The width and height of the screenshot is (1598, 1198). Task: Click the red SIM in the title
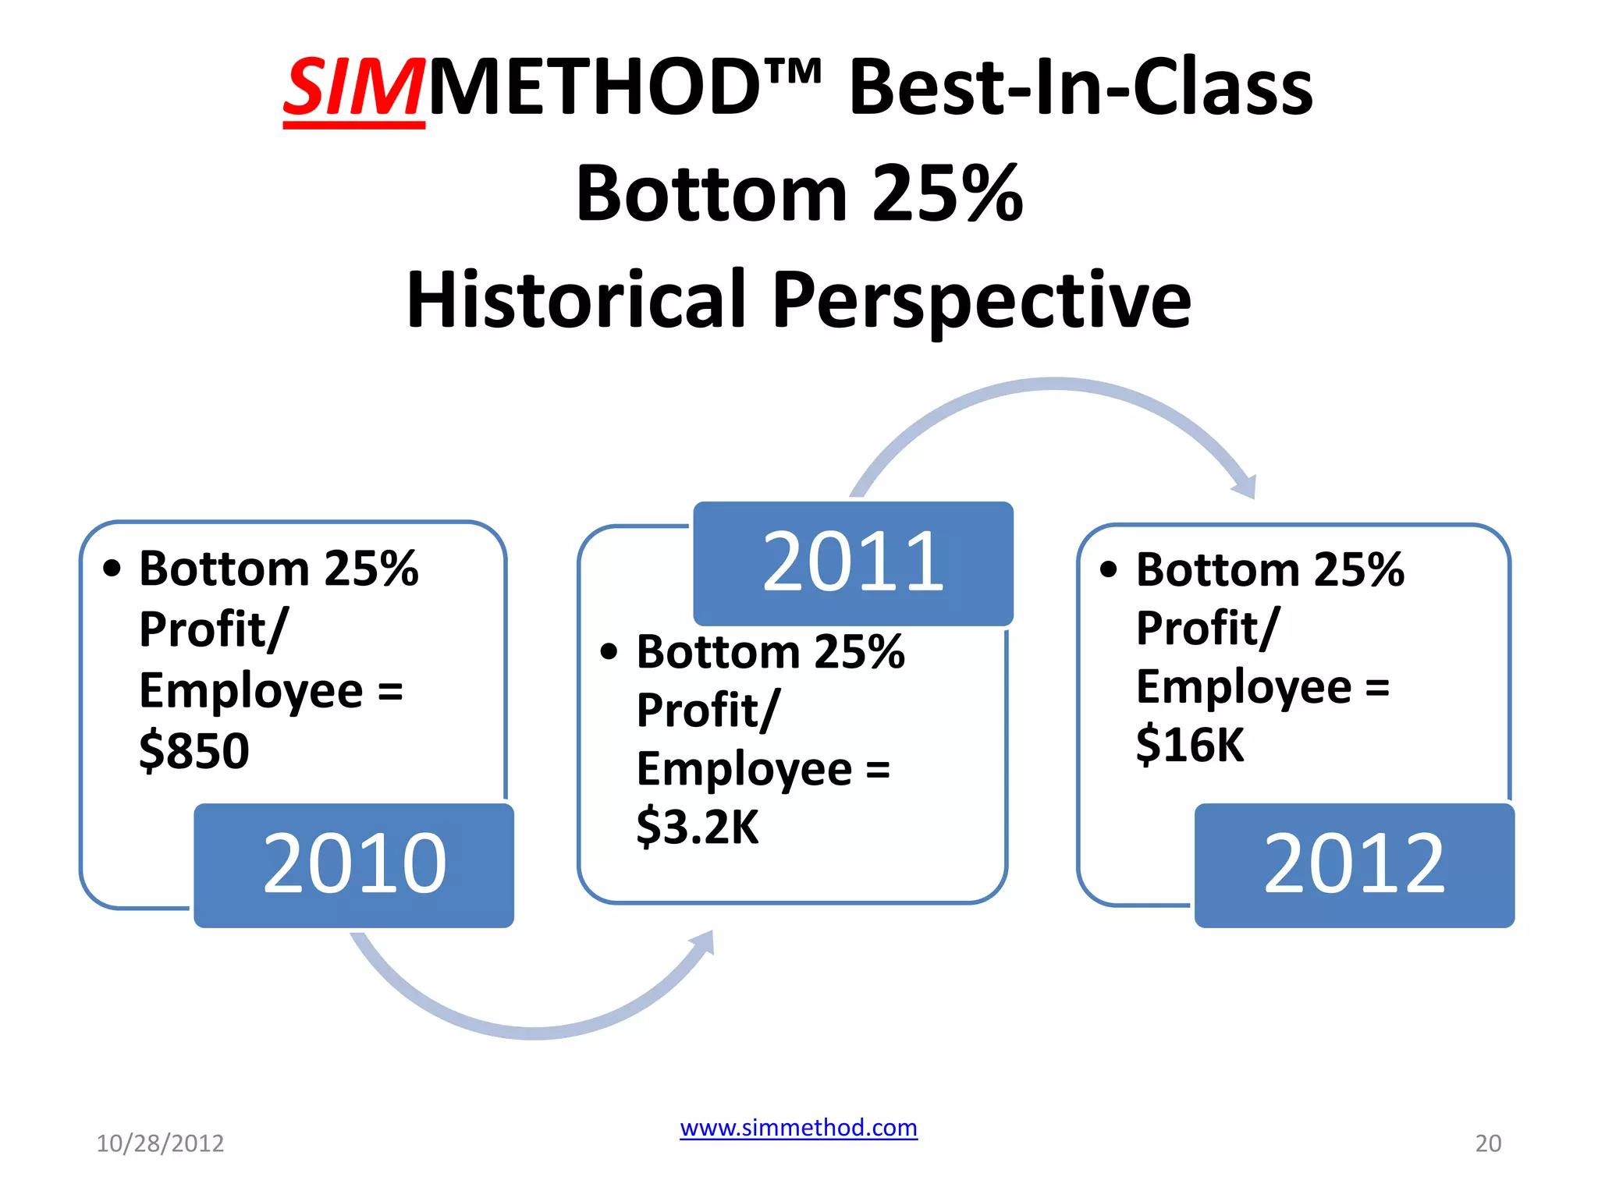point(353,87)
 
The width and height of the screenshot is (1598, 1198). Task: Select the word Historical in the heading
point(576,299)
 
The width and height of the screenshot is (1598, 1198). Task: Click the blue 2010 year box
point(354,865)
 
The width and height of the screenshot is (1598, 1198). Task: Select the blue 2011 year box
point(853,562)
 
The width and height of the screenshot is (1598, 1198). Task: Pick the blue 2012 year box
point(1354,865)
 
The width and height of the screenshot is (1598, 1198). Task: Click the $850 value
point(194,751)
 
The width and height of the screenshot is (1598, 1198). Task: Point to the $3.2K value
point(697,828)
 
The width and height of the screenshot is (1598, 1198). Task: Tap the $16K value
point(1189,745)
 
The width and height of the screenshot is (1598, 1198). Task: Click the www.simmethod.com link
point(798,1128)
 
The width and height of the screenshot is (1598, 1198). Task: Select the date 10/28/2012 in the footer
point(160,1143)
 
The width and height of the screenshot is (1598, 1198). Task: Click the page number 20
point(1487,1143)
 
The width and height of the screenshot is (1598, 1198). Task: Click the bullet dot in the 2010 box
point(112,569)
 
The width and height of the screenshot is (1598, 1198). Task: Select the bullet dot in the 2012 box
point(1108,569)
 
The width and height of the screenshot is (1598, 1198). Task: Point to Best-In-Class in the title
point(1081,87)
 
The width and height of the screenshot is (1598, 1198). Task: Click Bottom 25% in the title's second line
point(799,193)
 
